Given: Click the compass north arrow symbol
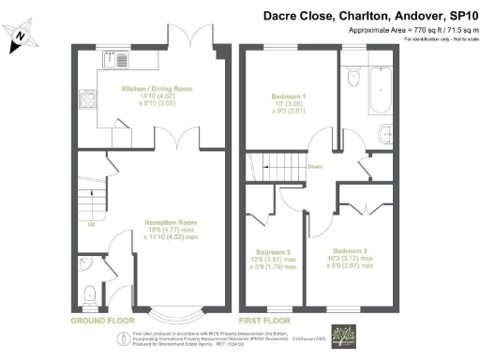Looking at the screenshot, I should click(20, 37).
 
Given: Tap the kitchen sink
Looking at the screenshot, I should click(123, 63).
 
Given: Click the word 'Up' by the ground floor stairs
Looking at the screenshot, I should click(91, 224).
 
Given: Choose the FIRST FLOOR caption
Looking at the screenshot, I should click(267, 320).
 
